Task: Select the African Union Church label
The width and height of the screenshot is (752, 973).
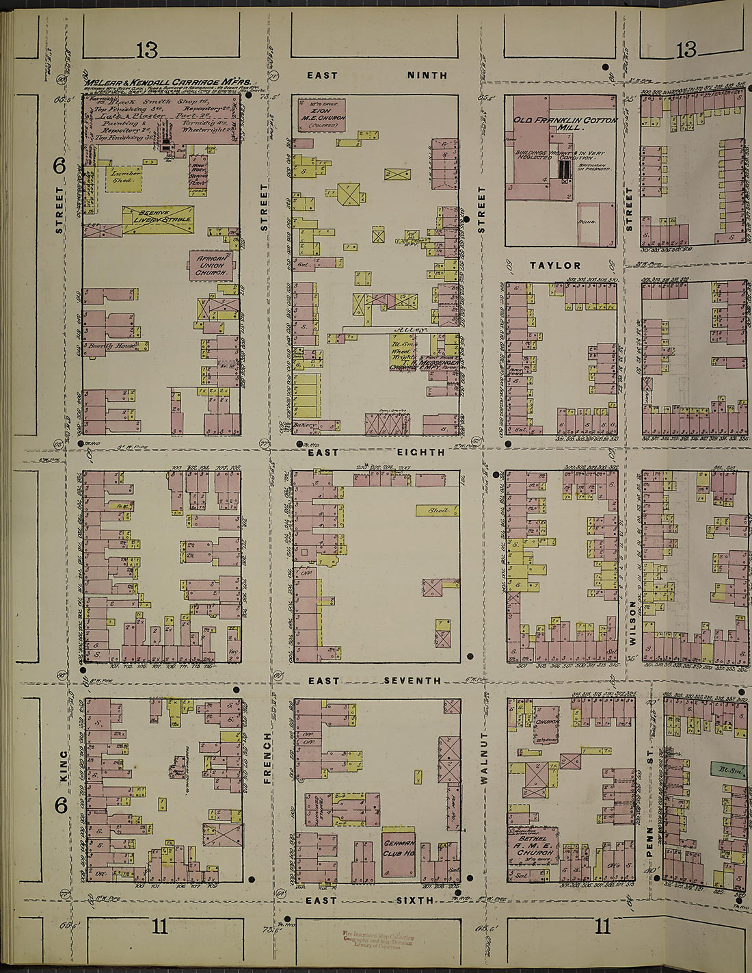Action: (x=211, y=265)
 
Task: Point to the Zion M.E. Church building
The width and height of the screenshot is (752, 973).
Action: (x=321, y=114)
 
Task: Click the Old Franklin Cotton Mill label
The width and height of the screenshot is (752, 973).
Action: (x=565, y=123)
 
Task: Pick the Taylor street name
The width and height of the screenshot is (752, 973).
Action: (x=555, y=265)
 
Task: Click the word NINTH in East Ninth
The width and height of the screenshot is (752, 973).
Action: (x=427, y=75)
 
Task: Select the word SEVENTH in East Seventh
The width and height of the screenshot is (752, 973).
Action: (x=412, y=681)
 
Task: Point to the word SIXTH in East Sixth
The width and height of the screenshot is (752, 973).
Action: (x=415, y=900)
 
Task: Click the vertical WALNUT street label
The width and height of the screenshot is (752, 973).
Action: (x=484, y=757)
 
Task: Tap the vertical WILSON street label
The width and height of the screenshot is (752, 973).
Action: (x=632, y=623)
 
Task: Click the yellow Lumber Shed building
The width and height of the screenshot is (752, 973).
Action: (x=126, y=177)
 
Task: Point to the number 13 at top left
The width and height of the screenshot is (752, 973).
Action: (x=146, y=49)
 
